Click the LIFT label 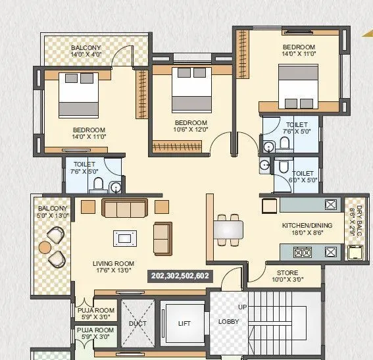[184, 323]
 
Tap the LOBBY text [229, 322]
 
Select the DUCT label [138, 324]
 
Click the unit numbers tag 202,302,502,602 [180, 276]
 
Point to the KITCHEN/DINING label [307, 229]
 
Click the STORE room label [287, 276]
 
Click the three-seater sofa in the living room [124, 209]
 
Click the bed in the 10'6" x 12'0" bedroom [189, 90]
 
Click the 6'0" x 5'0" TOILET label [303, 176]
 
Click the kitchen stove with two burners [302, 251]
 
